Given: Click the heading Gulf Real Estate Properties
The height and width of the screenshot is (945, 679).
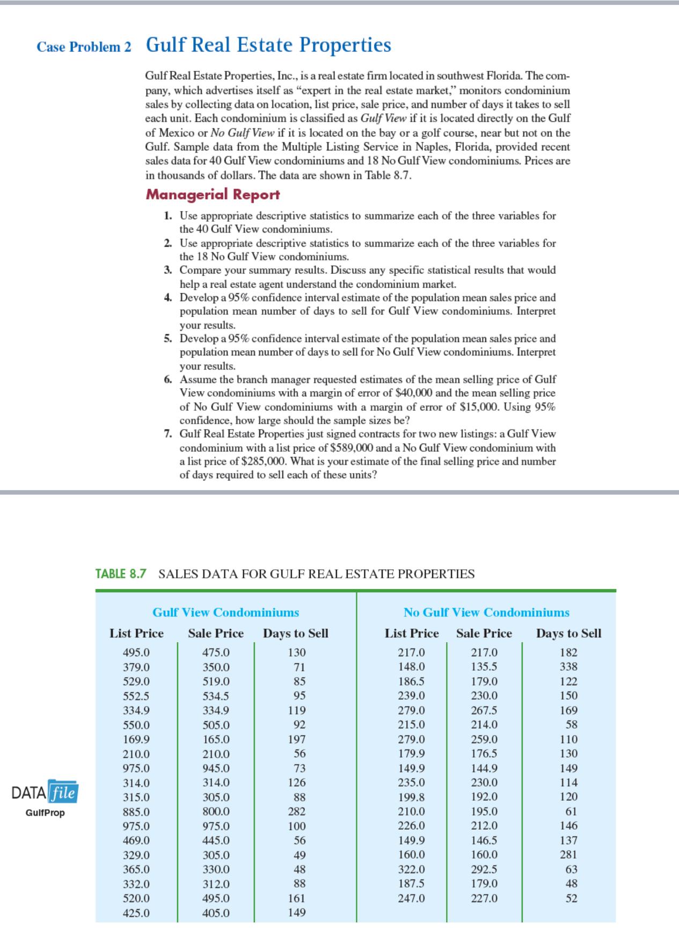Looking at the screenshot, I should pyautogui.click(x=268, y=45).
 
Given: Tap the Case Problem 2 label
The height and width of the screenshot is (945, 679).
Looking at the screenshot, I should pyautogui.click(x=84, y=47).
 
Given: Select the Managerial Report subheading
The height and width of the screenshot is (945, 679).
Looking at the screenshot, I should pyautogui.click(x=213, y=194).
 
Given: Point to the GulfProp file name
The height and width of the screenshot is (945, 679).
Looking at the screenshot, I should pyautogui.click(x=45, y=812).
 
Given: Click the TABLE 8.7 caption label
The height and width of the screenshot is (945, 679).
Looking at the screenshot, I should pyautogui.click(x=120, y=574).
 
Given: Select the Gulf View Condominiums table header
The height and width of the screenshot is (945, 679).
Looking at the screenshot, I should pyautogui.click(x=225, y=612).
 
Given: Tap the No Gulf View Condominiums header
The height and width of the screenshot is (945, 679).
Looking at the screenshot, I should pyautogui.click(x=486, y=612).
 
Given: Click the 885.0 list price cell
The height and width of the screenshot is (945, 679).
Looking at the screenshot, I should pyautogui.click(x=136, y=811).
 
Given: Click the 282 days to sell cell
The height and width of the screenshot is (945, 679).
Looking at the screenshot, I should pyautogui.click(x=296, y=811).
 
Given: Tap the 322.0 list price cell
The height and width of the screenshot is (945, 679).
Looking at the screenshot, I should pyautogui.click(x=412, y=869).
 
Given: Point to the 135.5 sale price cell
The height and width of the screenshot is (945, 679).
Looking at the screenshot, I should pyautogui.click(x=484, y=667).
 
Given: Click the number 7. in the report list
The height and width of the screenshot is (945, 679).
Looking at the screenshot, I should pyautogui.click(x=169, y=434).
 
